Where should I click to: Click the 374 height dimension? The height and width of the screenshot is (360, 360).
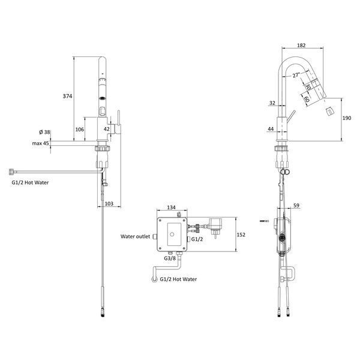click(x=67, y=96)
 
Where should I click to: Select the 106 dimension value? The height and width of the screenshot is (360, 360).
click(x=80, y=130)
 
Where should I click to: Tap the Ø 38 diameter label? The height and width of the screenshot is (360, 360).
click(x=44, y=132)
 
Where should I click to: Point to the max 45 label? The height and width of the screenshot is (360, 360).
click(x=40, y=143)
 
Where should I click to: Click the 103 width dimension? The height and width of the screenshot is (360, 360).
click(x=109, y=203)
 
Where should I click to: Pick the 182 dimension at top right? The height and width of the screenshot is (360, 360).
click(x=301, y=46)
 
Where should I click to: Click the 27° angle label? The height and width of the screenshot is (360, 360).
click(x=296, y=76)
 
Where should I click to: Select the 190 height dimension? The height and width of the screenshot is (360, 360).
click(x=347, y=118)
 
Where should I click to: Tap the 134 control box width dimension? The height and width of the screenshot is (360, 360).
click(x=171, y=208)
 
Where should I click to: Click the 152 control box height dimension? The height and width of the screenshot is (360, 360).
click(x=241, y=235)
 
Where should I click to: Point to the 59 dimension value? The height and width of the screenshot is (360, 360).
click(x=296, y=205)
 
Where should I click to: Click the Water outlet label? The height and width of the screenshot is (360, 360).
click(x=135, y=236)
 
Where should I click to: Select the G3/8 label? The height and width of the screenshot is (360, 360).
click(x=170, y=258)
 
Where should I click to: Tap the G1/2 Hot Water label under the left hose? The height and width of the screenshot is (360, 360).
click(x=30, y=183)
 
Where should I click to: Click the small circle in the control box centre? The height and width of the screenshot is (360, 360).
click(x=172, y=235)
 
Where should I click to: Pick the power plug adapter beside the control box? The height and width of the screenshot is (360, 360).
click(x=215, y=226)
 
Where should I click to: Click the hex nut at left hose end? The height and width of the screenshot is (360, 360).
click(x=12, y=172)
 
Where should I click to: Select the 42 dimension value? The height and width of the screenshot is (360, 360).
click(x=107, y=129)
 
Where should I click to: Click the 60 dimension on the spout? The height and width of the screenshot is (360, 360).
click(x=307, y=99)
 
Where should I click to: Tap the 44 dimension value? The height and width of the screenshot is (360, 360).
click(x=271, y=129)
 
